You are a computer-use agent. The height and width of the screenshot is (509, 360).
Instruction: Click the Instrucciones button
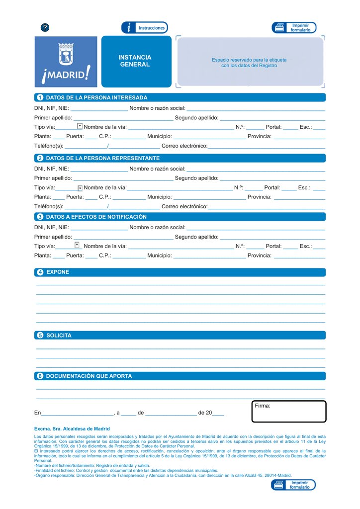[x=144, y=28]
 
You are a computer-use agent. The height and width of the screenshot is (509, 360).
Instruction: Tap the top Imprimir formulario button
[x=294, y=28]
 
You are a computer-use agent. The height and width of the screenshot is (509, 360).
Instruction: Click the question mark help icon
[x=45, y=28]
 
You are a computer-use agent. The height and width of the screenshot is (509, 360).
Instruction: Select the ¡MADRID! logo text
[x=66, y=74]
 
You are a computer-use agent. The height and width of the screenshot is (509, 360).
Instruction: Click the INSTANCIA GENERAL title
[x=135, y=61]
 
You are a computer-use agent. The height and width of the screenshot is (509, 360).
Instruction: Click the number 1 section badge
[x=40, y=97]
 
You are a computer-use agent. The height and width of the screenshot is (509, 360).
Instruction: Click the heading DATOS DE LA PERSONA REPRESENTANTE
[x=102, y=158]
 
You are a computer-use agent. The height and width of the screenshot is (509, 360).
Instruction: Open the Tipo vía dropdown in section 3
[x=77, y=245]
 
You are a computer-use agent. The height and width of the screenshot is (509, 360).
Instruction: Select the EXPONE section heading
[x=58, y=272]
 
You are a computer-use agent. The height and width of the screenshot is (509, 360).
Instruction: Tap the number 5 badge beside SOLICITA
[x=40, y=336]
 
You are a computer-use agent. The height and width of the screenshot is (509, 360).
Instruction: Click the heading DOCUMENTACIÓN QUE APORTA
[x=89, y=376]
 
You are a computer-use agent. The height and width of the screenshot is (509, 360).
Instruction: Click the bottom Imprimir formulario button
[x=293, y=485]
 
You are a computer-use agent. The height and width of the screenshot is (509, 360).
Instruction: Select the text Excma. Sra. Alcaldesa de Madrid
[x=72, y=428]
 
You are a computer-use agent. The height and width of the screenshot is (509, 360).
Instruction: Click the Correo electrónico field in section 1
[x=266, y=146]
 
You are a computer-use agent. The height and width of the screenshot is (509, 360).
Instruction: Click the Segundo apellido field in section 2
[x=272, y=177]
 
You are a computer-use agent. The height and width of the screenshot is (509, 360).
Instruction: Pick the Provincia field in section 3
[x=299, y=255]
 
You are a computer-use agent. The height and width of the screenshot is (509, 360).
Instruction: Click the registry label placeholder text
[x=249, y=63]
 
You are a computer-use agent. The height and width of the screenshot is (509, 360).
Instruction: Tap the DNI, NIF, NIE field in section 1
[x=99, y=108]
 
